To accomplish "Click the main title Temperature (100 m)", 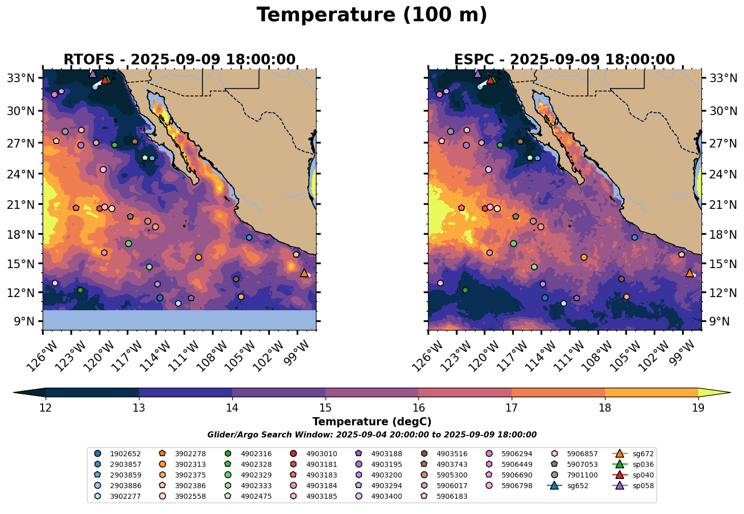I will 372,15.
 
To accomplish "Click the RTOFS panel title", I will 179,60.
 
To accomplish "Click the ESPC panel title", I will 564,60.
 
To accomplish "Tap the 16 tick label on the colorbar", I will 418,408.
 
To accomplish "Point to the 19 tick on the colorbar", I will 698,408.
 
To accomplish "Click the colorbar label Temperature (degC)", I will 372,422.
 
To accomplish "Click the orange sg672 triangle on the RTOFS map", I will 304,273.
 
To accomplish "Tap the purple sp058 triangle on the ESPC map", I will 478,74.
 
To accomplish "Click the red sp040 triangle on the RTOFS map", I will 105,80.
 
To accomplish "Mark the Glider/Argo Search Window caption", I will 372,435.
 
